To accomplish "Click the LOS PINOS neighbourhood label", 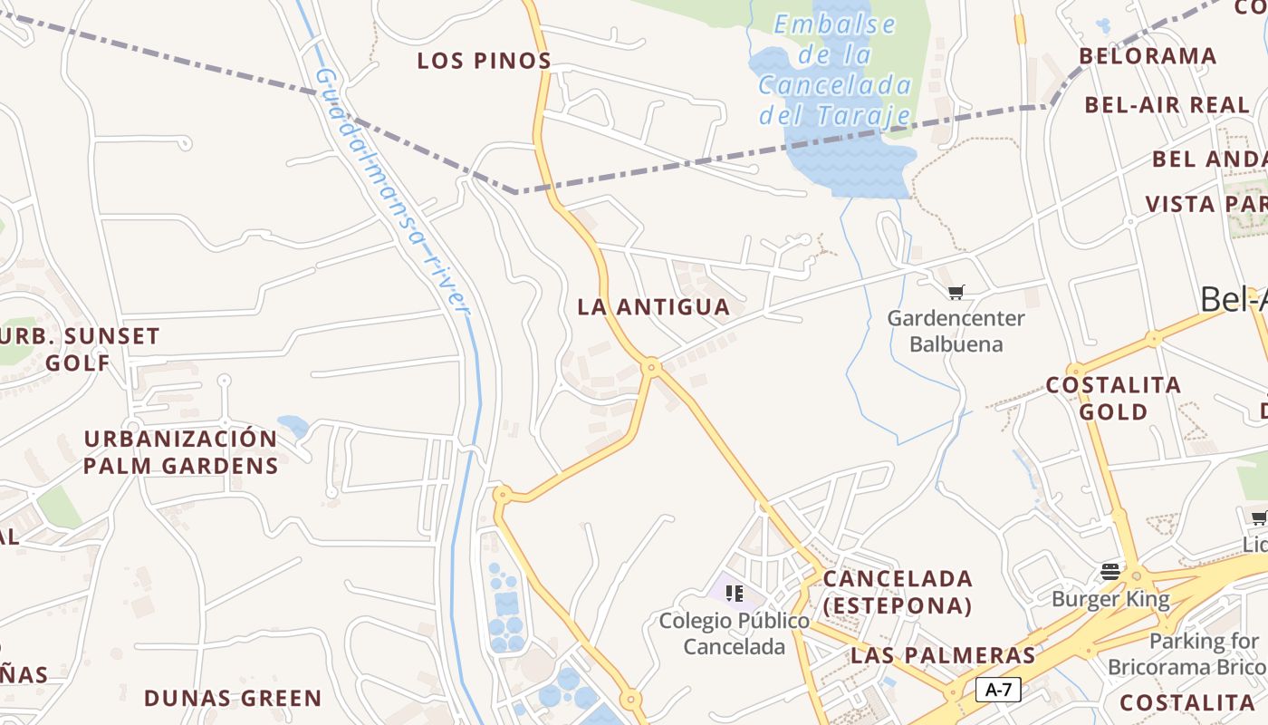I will [484, 61].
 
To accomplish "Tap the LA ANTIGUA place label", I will [653, 307].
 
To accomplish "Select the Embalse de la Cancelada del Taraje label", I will [834, 70].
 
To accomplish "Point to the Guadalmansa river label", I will [393, 192].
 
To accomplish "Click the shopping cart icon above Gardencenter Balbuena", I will [956, 292].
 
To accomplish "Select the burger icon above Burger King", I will [1110, 572].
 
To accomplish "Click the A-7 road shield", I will [998, 690].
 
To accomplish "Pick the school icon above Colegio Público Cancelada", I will [735, 594].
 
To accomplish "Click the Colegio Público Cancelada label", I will [734, 633].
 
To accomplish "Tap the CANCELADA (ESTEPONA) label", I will [898, 592].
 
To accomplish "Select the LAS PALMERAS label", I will [943, 655].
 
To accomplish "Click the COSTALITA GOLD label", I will [1113, 398].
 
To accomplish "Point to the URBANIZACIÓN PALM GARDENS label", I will [181, 452].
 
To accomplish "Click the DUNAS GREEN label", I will [233, 699].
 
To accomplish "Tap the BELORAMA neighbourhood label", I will [1148, 56].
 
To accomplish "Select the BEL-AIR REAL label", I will [1167, 105].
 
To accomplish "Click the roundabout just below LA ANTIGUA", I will [650, 367].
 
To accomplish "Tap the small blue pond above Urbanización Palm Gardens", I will [293, 425].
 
